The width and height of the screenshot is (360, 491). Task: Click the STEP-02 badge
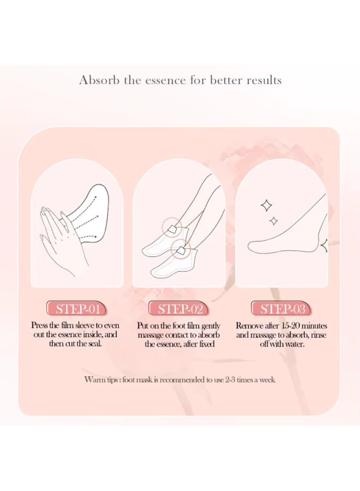click(179, 309)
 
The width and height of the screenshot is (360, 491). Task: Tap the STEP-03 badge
click(282, 309)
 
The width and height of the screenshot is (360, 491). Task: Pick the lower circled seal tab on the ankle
click(180, 250)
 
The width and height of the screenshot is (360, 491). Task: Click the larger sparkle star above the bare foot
click(267, 206)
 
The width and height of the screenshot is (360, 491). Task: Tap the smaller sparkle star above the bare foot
click(274, 220)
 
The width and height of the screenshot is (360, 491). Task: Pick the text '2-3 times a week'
click(248, 380)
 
